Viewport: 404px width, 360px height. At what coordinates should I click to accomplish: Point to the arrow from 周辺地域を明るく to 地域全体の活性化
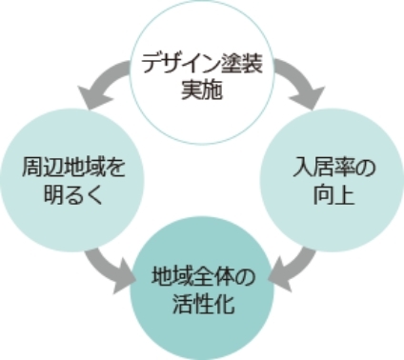105,267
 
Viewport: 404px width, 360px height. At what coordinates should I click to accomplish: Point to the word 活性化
200,304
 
